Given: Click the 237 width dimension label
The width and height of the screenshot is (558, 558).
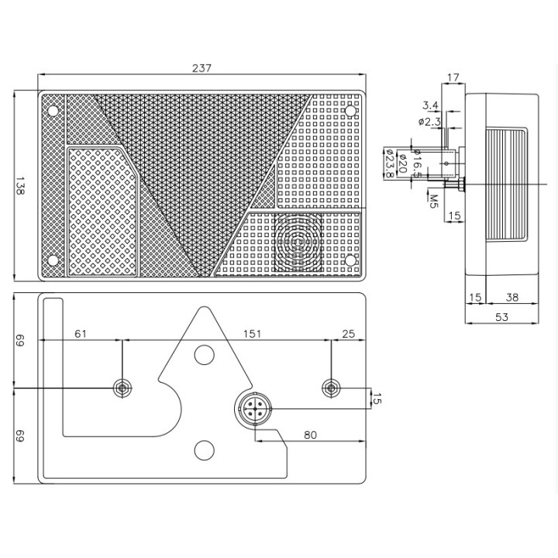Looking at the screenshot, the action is [x=201, y=68].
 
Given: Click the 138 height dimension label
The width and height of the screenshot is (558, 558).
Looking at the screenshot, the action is [x=19, y=186].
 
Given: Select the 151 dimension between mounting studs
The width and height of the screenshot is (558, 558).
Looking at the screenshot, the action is [x=253, y=334].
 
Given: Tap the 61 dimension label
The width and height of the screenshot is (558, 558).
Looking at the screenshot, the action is [x=81, y=334].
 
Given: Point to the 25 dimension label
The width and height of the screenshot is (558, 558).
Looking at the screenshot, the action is [x=349, y=334].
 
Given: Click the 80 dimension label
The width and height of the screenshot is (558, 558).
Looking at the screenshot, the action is [x=310, y=435].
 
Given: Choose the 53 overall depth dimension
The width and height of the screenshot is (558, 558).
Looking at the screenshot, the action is [x=501, y=317].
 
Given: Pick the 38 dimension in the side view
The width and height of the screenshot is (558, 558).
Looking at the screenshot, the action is [x=511, y=297].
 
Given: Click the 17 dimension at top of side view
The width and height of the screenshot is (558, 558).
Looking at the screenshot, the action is [x=453, y=77].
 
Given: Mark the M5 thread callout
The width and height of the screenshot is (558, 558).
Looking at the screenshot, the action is [x=433, y=201].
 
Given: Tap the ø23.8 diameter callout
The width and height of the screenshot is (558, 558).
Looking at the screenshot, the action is [x=388, y=163].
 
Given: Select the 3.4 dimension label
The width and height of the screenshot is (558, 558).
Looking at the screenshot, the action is [x=430, y=105].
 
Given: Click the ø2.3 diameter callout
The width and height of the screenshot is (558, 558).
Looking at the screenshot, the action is [x=429, y=122].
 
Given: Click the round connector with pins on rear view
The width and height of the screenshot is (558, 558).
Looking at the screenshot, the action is [x=254, y=409].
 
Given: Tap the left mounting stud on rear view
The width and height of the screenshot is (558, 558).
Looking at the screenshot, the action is [x=122, y=388].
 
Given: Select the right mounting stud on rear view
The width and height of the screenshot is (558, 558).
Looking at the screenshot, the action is [x=331, y=388].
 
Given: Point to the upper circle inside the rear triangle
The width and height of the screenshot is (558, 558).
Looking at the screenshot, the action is [x=205, y=355].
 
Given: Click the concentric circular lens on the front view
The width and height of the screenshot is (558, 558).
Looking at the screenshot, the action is [x=298, y=243].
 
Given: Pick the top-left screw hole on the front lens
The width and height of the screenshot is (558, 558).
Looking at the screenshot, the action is [x=53, y=111].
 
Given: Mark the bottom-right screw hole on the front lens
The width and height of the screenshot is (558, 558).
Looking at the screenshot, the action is [x=350, y=260].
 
